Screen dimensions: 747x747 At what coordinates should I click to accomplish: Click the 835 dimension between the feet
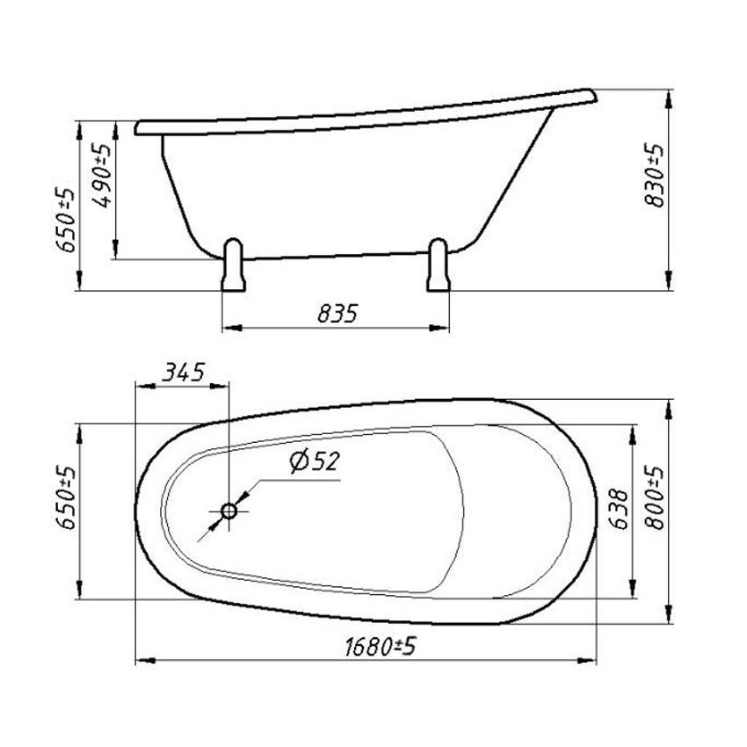[x=337, y=314]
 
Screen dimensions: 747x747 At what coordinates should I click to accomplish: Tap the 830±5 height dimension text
[x=655, y=174]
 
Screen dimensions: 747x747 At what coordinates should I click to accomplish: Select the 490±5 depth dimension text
[x=103, y=175]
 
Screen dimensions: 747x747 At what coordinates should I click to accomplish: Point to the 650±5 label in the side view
[x=65, y=219]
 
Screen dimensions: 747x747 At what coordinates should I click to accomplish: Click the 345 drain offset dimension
[x=184, y=372]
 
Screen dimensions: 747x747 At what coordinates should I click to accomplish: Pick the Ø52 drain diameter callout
[x=315, y=461]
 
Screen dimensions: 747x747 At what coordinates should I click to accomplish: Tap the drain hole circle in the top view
[x=229, y=511]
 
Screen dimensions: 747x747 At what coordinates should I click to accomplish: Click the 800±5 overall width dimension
[x=655, y=497]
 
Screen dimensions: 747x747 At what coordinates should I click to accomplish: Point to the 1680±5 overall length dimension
[x=381, y=647]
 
